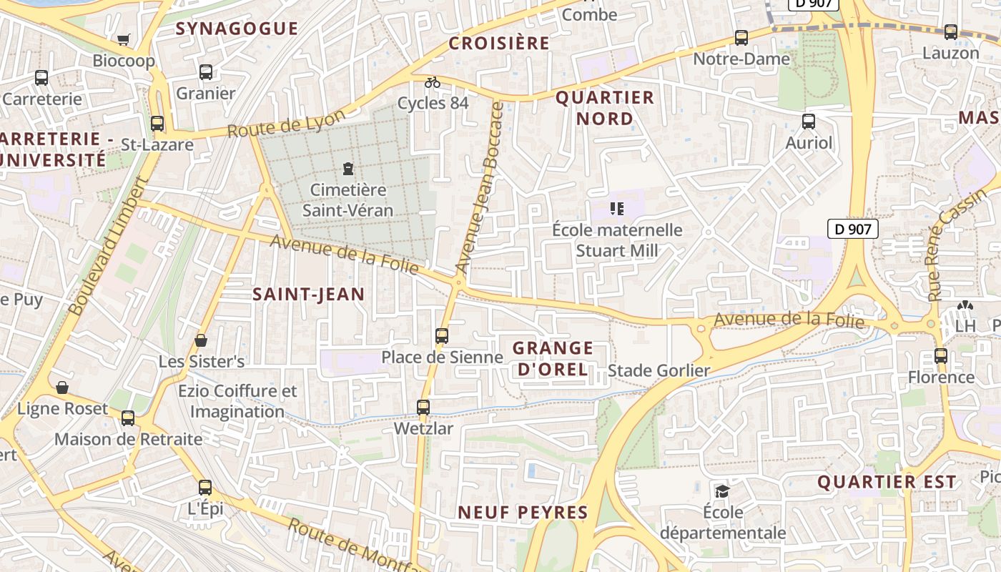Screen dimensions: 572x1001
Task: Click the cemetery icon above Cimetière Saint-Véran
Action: click(x=348, y=169)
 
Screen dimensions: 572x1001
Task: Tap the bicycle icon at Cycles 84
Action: click(x=433, y=82)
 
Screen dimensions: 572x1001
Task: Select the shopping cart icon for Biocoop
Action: click(x=124, y=39)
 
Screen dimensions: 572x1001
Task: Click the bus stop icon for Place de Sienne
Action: click(x=442, y=335)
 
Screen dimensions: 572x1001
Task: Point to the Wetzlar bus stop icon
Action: click(x=423, y=408)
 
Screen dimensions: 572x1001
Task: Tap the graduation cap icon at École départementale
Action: click(x=722, y=491)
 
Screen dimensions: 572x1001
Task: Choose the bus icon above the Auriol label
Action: click(x=809, y=122)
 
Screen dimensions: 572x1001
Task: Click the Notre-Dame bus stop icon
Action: click(x=741, y=38)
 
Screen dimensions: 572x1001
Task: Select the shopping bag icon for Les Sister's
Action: click(x=201, y=340)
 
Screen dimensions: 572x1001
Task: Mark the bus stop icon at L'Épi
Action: click(x=205, y=488)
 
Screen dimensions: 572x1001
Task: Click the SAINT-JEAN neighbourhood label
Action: click(x=309, y=294)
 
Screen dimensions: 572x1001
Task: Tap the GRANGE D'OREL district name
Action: click(x=553, y=359)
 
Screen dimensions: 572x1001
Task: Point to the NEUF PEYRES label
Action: click(x=523, y=512)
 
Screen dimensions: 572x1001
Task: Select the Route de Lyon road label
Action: click(x=286, y=123)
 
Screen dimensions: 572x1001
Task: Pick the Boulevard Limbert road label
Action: click(x=108, y=247)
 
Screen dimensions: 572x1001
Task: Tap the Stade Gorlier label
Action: click(x=659, y=370)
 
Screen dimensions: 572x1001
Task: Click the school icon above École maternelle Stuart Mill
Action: click(x=617, y=209)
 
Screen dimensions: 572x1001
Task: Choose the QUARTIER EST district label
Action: click(x=887, y=482)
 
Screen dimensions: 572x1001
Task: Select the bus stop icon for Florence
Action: click(x=941, y=355)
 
